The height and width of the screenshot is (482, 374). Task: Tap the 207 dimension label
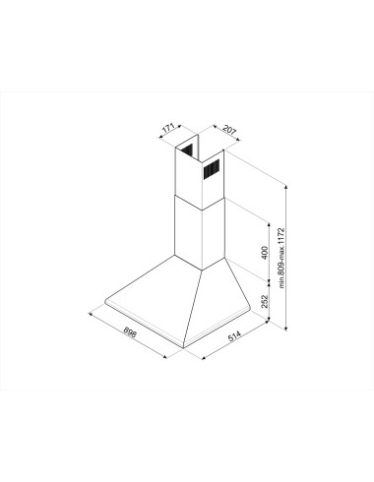[229, 130]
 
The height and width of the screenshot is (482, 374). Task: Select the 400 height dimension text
[265, 253]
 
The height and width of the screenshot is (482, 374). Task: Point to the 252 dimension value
[265, 301]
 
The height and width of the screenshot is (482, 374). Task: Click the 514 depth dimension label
[234, 336]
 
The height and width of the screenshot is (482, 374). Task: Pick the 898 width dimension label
[130, 332]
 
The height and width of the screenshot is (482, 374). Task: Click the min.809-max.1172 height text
[281, 258]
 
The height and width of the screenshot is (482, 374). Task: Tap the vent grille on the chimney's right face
[212, 169]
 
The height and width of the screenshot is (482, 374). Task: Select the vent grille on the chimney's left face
[188, 150]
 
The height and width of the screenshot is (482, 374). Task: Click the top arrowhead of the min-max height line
[286, 187]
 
